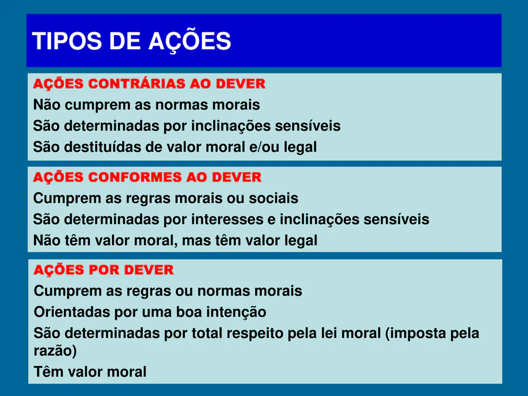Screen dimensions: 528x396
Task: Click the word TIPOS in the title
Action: pyautogui.click(x=67, y=41)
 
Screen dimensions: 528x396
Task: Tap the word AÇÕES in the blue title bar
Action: pyautogui.click(x=190, y=41)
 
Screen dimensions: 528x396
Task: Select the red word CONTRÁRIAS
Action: pyautogui.click(x=137, y=83)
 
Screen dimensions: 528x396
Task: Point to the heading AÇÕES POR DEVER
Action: pyautogui.click(x=104, y=269)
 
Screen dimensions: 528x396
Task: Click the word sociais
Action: pyautogui.click(x=273, y=198)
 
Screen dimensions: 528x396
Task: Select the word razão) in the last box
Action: pyautogui.click(x=55, y=351)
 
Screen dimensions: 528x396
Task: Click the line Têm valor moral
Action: pyautogui.click(x=90, y=372)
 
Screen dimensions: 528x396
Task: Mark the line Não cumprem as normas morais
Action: pyautogui.click(x=147, y=105)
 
